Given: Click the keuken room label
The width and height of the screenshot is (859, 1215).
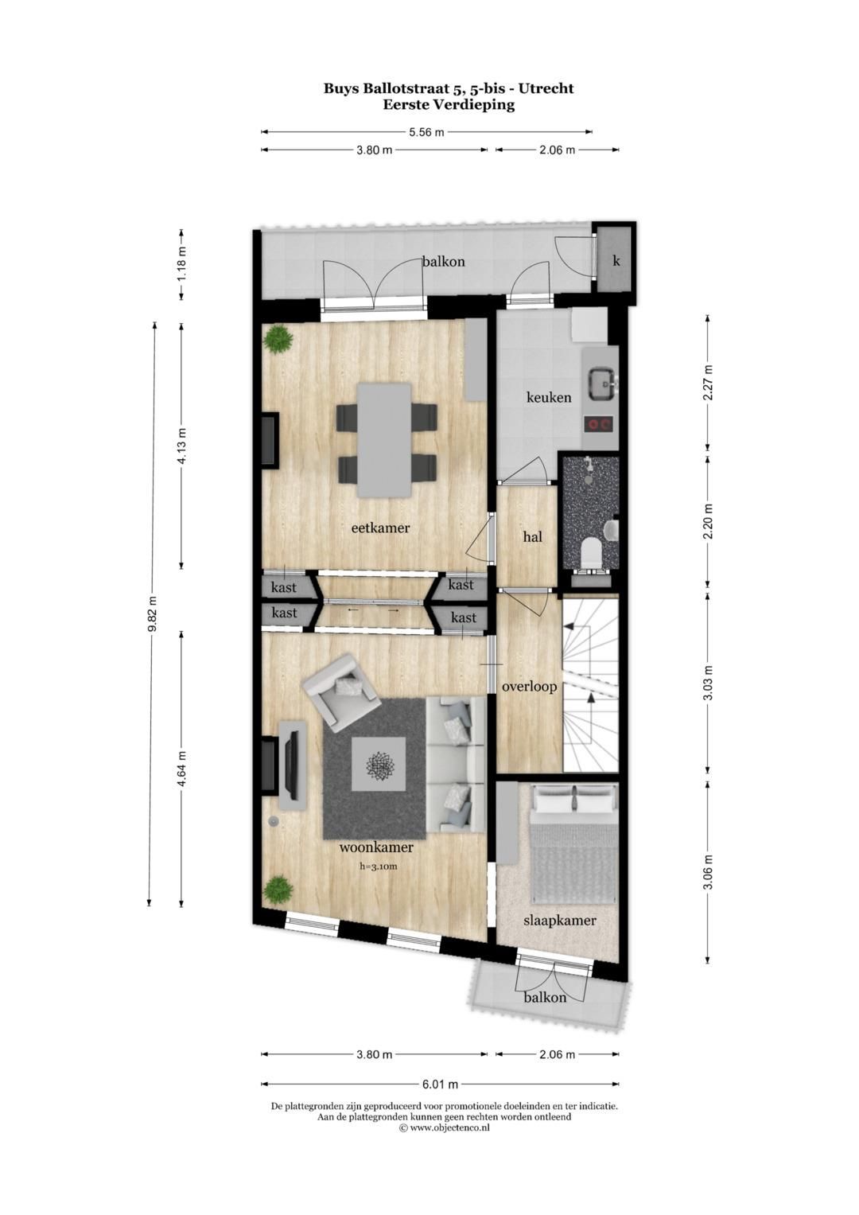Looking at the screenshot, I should (549, 397).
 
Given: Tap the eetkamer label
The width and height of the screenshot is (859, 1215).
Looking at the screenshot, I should (380, 528).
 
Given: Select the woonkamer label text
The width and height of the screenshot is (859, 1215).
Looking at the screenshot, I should (376, 847).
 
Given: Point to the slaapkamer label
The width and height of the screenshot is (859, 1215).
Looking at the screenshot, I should (559, 921).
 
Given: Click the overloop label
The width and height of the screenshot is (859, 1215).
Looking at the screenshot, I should (529, 686).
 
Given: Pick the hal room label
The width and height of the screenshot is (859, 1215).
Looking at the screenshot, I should (532, 537).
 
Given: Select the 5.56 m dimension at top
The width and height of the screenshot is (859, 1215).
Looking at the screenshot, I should (426, 132).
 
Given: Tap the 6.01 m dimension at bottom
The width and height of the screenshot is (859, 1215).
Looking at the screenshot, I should (440, 1084).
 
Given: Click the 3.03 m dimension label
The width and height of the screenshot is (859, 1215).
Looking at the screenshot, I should (708, 681).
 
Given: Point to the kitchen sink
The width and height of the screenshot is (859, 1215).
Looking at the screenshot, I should (601, 384).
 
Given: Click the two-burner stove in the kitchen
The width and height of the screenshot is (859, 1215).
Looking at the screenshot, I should (601, 424).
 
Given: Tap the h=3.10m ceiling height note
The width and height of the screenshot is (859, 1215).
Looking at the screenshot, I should (378, 866).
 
